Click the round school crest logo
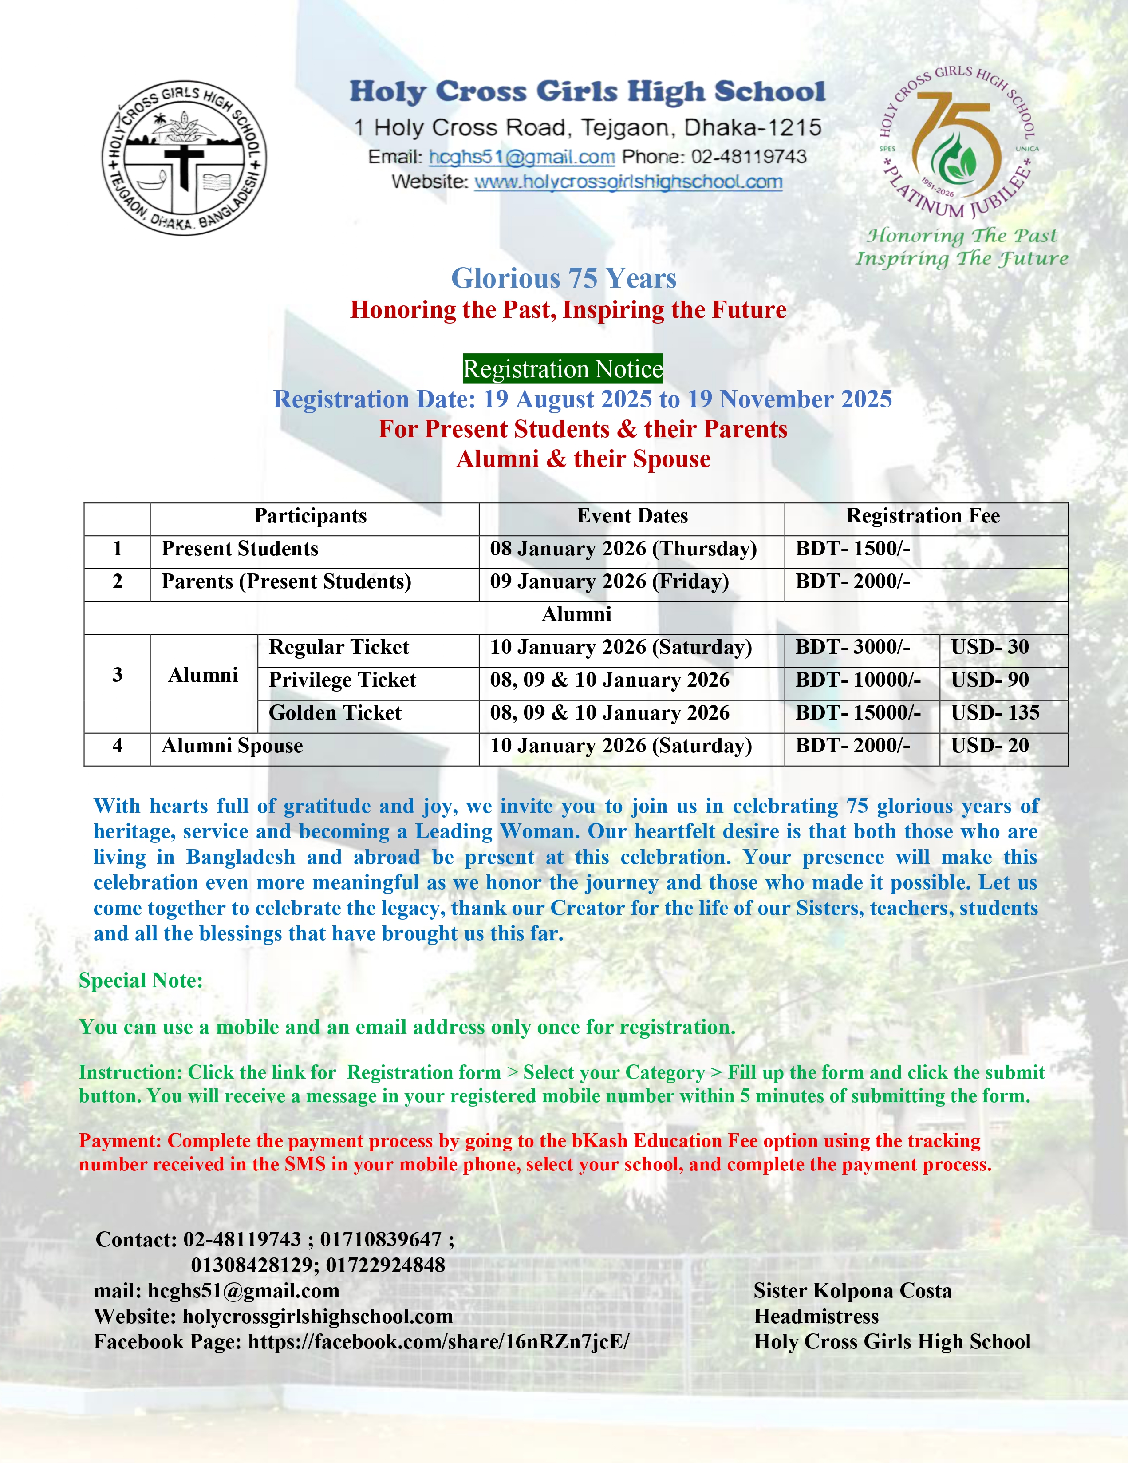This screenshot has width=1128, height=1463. point(184,159)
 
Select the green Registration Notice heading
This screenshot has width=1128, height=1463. point(563,369)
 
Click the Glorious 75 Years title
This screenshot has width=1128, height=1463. point(563,278)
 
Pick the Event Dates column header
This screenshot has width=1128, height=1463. point(631,516)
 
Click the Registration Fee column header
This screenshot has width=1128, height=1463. point(923,516)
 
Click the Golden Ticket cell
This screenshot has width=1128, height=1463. point(335,713)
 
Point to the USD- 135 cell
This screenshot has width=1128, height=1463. point(995,713)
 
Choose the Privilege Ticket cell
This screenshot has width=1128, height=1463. point(342,680)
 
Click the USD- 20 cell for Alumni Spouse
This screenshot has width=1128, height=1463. point(990,746)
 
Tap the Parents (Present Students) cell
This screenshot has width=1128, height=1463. point(286,581)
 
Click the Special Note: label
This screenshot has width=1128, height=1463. point(141,980)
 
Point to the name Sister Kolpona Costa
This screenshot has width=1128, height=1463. point(852,1291)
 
